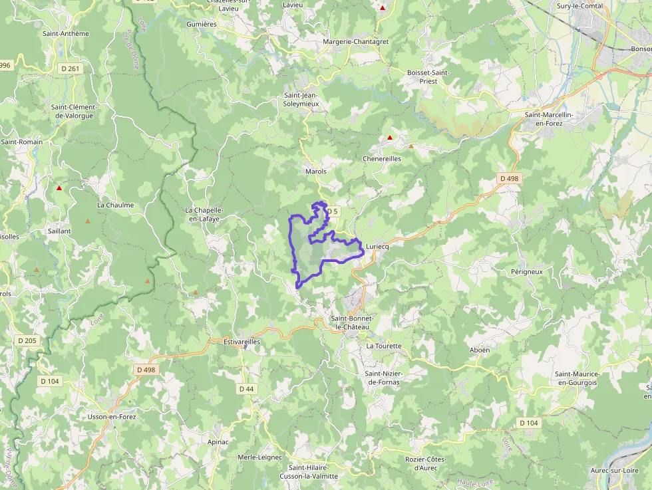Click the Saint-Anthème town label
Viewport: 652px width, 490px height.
point(65,33)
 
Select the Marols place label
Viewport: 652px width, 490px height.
point(315,172)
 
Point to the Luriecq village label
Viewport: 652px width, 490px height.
point(377,246)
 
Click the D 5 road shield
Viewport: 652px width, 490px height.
point(332,211)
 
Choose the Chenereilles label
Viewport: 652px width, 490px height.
point(381,159)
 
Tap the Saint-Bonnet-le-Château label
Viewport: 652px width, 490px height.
point(352,322)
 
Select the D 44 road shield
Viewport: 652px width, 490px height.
point(245,388)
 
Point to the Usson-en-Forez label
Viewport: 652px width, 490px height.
point(112,417)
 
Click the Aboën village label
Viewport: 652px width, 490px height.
point(480,350)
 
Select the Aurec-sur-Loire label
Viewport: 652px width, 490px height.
point(615,471)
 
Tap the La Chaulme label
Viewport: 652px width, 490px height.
point(115,205)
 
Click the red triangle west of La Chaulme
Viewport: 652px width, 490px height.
point(59,188)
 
